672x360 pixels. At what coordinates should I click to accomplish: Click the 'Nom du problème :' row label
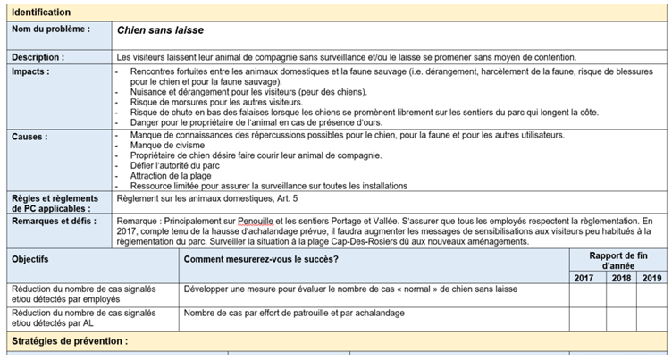[51, 29]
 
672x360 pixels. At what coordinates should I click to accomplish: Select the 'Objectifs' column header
[32, 258]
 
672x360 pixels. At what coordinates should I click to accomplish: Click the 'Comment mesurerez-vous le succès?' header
[261, 258]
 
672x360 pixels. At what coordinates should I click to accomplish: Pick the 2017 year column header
[584, 278]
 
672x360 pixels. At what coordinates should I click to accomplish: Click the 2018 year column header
[619, 278]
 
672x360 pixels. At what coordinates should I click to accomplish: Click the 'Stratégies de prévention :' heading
[69, 340]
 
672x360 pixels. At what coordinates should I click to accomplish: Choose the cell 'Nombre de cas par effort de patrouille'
[294, 313]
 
